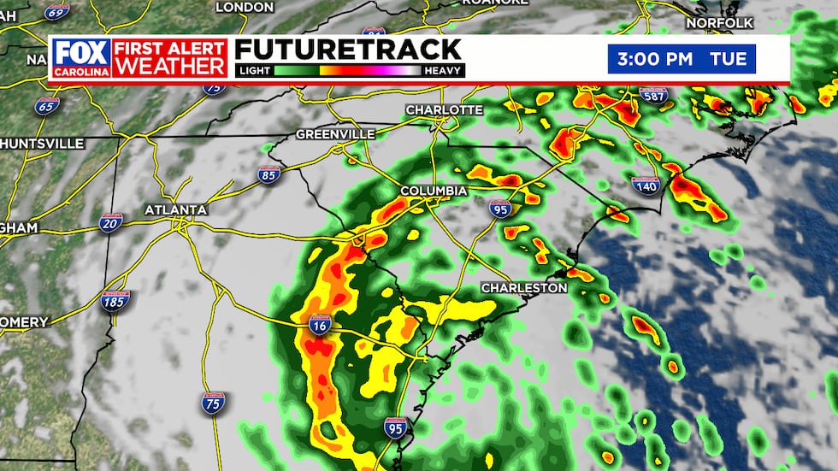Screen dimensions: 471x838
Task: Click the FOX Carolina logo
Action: pyautogui.click(x=81, y=57)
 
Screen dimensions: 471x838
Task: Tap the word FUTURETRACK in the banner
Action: pyautogui.click(x=348, y=49)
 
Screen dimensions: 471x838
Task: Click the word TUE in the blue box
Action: pyautogui.click(x=729, y=60)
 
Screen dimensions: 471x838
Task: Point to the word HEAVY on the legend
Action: pyautogui.click(x=443, y=71)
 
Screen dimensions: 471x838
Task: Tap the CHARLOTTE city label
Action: pyautogui.click(x=444, y=110)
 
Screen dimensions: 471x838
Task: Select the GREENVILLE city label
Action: pyautogui.click(x=335, y=134)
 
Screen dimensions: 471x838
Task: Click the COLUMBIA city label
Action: pyautogui.click(x=434, y=190)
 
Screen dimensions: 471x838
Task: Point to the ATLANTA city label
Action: pyautogui.click(x=175, y=209)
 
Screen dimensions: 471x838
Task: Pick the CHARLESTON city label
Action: pyautogui.click(x=523, y=288)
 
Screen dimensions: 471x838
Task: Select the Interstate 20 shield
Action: pyautogui.click(x=110, y=223)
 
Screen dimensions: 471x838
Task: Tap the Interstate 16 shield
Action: pyautogui.click(x=321, y=325)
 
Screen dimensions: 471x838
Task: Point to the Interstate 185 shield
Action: pyautogui.click(x=116, y=301)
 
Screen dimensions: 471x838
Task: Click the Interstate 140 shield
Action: pyautogui.click(x=646, y=183)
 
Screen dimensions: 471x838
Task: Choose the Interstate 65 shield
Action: pyautogui.click(x=47, y=107)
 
